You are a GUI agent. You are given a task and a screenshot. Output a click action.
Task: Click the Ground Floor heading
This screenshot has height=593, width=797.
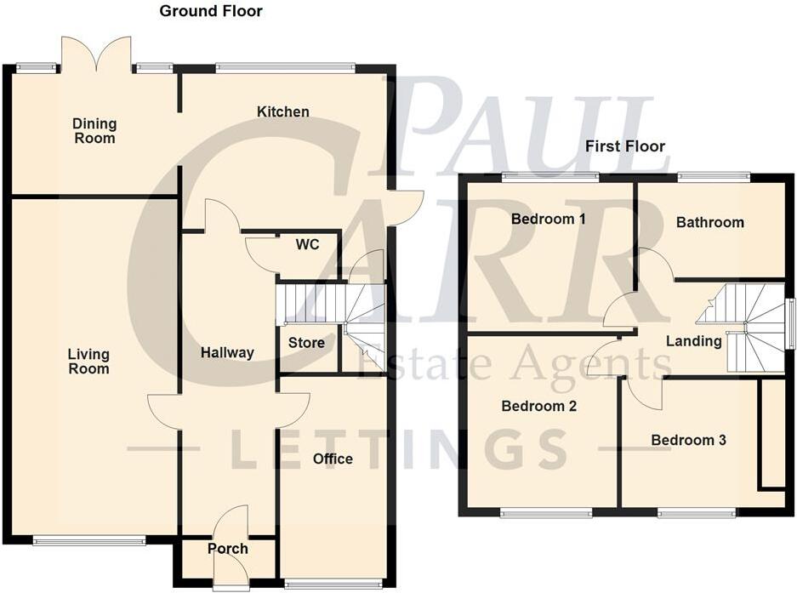211,11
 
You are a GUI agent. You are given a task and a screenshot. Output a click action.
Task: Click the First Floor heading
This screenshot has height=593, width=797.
624,146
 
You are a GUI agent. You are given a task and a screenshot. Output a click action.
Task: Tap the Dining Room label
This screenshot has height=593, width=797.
94,131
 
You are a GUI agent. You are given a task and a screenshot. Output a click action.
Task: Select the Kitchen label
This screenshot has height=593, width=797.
283,111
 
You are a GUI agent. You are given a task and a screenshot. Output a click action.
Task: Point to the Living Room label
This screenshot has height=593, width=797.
88,362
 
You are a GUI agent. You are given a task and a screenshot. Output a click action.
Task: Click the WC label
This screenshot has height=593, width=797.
307,244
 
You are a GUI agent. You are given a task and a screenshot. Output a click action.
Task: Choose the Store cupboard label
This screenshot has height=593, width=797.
306,343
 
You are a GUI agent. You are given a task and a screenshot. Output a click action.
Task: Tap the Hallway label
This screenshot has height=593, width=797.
227,352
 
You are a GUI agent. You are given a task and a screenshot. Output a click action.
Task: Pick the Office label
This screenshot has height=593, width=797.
333,459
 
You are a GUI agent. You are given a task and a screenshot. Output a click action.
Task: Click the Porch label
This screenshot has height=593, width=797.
227,549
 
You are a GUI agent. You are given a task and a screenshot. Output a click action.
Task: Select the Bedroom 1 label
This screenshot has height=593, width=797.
548,219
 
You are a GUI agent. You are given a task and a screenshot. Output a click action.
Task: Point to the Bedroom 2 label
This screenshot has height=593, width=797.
538,406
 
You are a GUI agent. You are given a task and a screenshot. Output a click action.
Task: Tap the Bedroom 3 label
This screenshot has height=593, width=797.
688,440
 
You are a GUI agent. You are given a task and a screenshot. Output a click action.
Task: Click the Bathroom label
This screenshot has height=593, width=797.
709,222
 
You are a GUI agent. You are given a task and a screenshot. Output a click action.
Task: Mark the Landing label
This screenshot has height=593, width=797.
693,341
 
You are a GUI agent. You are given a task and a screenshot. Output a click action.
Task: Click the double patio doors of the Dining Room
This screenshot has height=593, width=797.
96,54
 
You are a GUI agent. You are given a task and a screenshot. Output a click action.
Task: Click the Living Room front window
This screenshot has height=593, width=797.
88,539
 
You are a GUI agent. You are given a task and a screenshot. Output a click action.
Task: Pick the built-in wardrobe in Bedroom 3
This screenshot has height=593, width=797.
772,434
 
